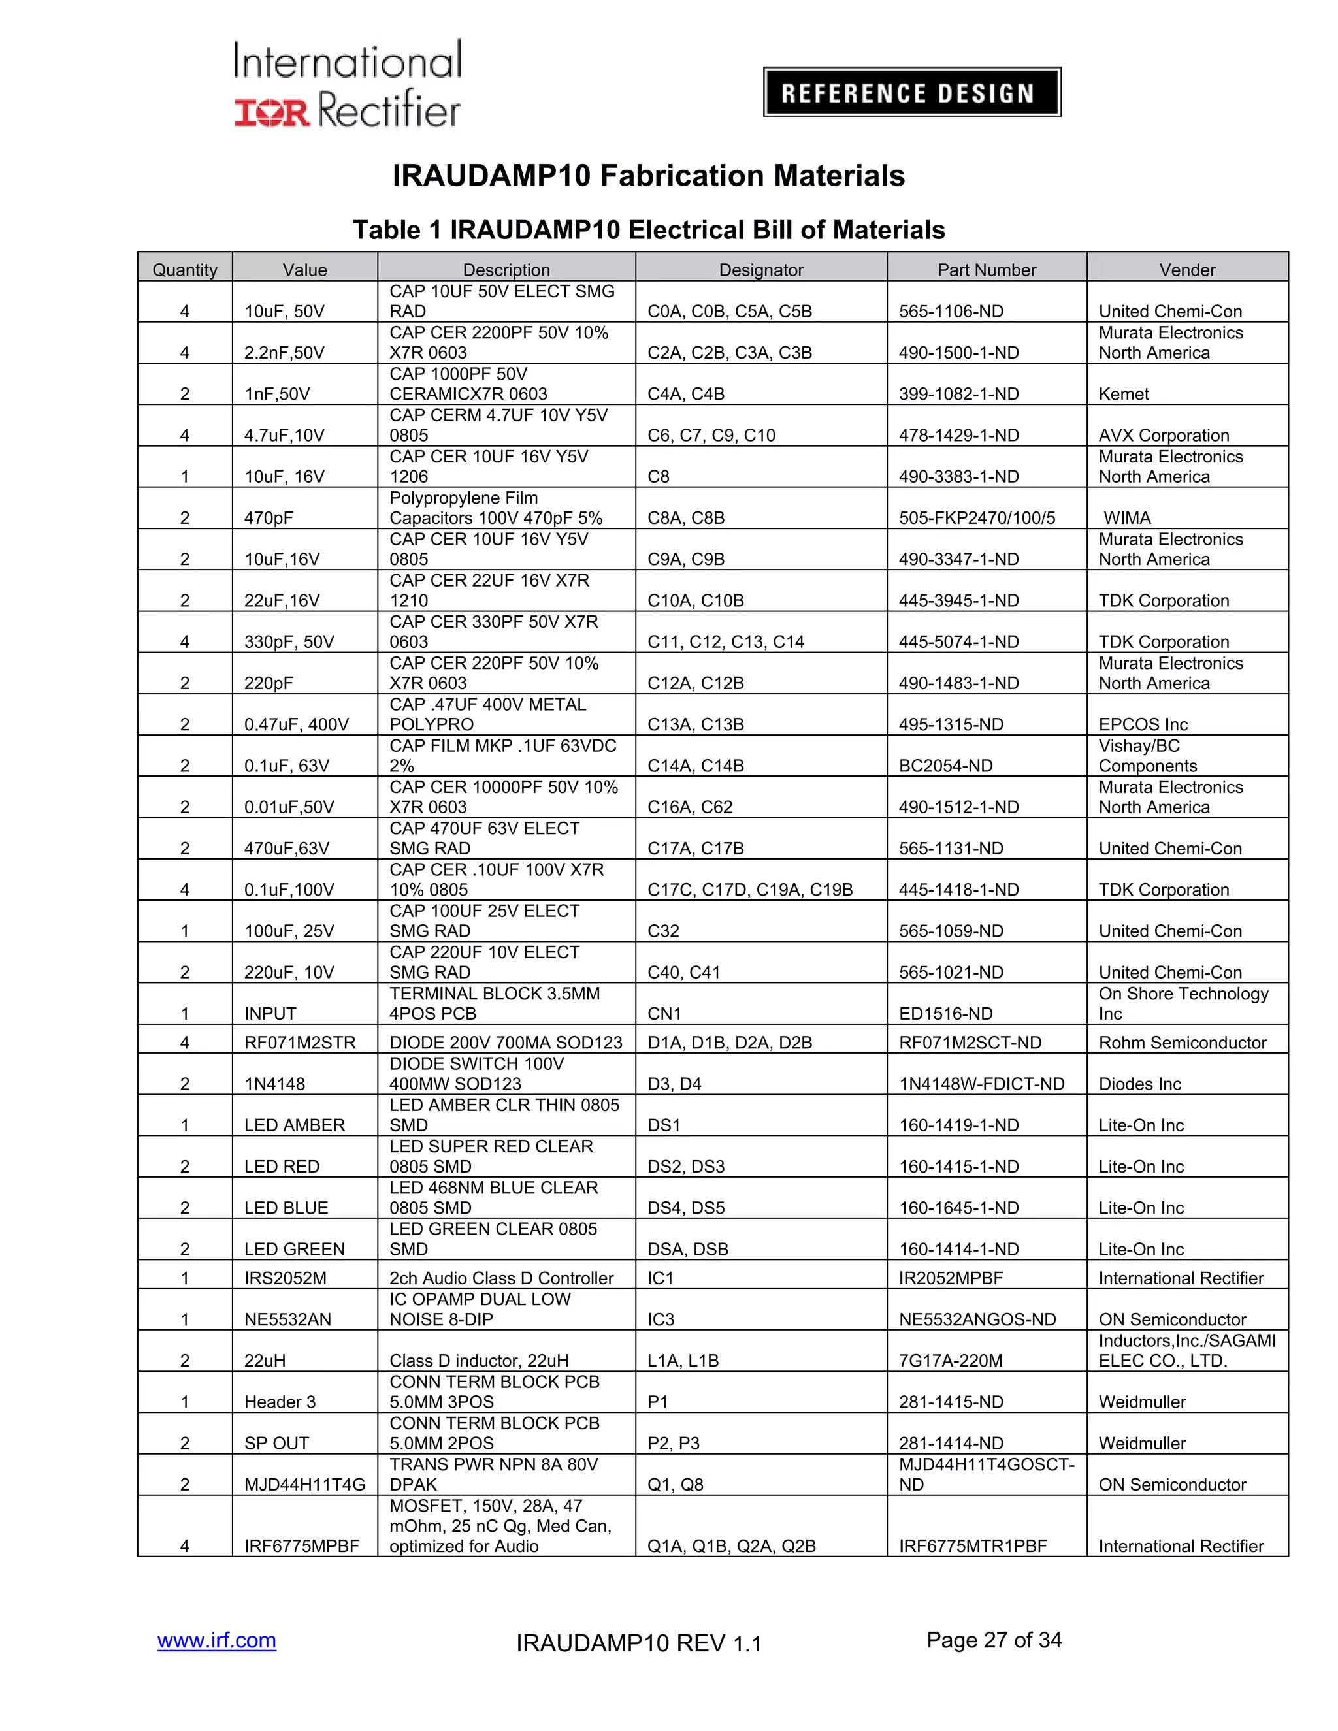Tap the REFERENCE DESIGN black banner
click(x=911, y=92)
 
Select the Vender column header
click(x=1186, y=270)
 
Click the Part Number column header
click(x=986, y=270)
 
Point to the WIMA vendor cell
click(x=1126, y=517)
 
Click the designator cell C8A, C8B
click(x=685, y=517)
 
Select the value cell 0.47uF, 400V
click(x=297, y=724)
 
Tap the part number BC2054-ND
click(x=945, y=766)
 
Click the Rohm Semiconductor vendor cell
click(x=1182, y=1043)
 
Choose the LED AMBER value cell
click(x=294, y=1125)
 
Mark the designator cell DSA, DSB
click(x=687, y=1248)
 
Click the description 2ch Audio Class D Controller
click(x=501, y=1278)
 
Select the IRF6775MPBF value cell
click(x=301, y=1545)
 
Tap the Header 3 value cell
click(x=279, y=1401)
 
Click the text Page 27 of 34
click(x=993, y=1639)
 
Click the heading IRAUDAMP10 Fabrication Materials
click(x=647, y=175)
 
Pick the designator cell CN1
click(x=664, y=1013)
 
